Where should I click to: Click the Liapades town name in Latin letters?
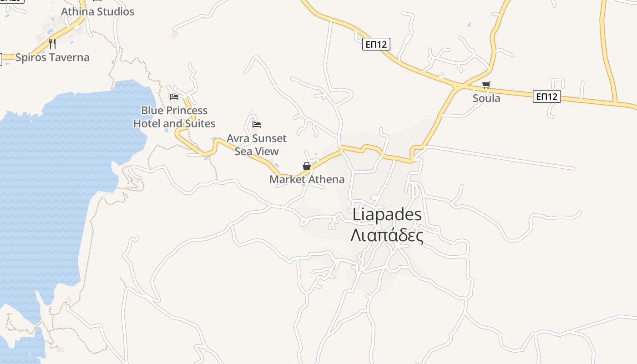[387, 215]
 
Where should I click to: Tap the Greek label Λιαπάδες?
[387, 236]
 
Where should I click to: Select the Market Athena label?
[307, 179]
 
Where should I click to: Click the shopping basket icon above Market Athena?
[307, 166]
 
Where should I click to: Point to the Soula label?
[486, 98]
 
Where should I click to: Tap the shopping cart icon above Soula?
[486, 85]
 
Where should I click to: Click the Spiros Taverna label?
[52, 57]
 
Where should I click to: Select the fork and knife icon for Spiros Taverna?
[52, 44]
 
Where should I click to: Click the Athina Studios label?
[97, 11]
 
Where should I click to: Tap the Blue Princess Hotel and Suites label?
[174, 117]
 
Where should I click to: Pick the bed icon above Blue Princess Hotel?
[174, 96]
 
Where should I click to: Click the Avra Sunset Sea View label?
[257, 145]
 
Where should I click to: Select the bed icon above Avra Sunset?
[257, 124]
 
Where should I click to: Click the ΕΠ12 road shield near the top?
[376, 44]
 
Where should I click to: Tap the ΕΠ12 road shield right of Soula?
[547, 96]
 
